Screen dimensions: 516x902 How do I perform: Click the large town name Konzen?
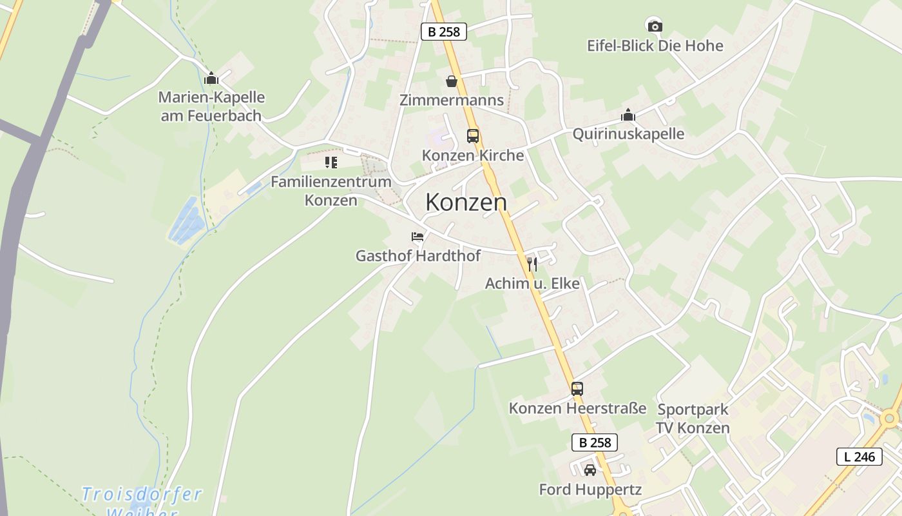pyautogui.click(x=466, y=202)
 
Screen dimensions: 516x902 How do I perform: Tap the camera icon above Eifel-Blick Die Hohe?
pyautogui.click(x=655, y=26)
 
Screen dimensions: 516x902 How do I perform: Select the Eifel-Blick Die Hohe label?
pyautogui.click(x=655, y=46)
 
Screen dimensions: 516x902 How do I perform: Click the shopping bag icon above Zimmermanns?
pyautogui.click(x=452, y=81)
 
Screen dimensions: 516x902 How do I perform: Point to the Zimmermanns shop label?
pyautogui.click(x=451, y=100)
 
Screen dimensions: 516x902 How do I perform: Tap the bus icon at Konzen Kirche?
pyautogui.click(x=473, y=136)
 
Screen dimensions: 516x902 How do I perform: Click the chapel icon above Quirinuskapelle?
pyautogui.click(x=628, y=115)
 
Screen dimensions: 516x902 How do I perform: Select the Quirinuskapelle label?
pyautogui.click(x=628, y=134)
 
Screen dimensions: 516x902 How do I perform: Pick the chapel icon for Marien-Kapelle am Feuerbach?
pyautogui.click(x=211, y=79)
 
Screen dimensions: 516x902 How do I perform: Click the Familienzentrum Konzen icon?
pyautogui.click(x=331, y=163)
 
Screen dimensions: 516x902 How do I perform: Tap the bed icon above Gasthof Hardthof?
pyautogui.click(x=417, y=237)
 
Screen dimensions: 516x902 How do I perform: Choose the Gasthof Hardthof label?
pyautogui.click(x=417, y=256)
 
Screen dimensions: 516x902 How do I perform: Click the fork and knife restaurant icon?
pyautogui.click(x=532, y=264)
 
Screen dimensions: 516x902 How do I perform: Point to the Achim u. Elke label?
pyautogui.click(x=532, y=283)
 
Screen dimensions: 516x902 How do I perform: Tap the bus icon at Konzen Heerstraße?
pyautogui.click(x=577, y=389)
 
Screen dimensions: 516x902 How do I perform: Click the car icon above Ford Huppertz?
pyautogui.click(x=590, y=470)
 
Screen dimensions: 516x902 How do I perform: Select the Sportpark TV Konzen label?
pyautogui.click(x=693, y=419)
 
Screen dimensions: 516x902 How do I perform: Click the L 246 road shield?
pyautogui.click(x=859, y=457)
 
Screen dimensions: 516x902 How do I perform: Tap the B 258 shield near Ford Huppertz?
pyautogui.click(x=594, y=442)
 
